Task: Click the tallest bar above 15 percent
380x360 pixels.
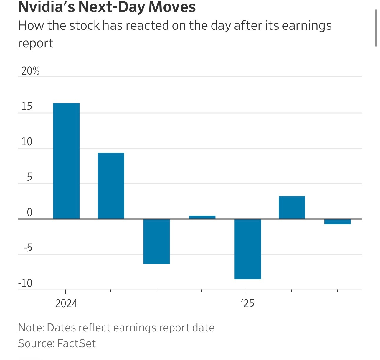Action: (66, 161)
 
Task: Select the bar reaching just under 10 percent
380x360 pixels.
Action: (111, 186)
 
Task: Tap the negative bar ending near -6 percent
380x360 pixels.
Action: (156, 241)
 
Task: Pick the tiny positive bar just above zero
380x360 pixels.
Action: (202, 217)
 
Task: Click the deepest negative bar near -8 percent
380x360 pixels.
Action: (248, 249)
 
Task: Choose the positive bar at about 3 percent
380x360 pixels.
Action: (292, 208)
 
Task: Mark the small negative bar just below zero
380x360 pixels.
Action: (338, 222)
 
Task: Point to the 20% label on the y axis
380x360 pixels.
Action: (30, 71)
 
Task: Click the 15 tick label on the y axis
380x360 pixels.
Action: (27, 107)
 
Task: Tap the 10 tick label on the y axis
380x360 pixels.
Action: (27, 142)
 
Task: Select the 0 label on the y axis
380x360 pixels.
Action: (29, 213)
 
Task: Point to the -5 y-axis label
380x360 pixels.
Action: (28, 248)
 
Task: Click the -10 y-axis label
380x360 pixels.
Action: (25, 283)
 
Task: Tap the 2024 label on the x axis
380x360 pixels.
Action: (66, 303)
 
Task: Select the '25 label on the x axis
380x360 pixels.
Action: (248, 303)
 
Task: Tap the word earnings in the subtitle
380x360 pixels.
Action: (307, 26)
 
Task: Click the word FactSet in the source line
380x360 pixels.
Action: (77, 344)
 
